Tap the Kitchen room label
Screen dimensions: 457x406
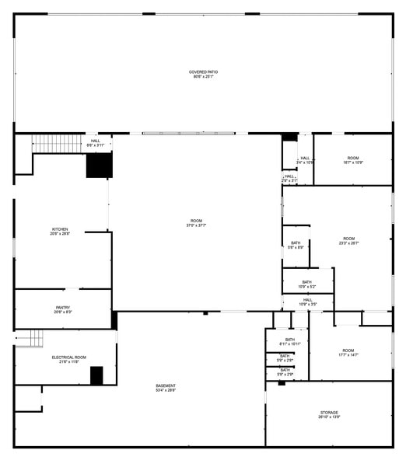point(60,232)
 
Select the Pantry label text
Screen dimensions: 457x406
point(63,309)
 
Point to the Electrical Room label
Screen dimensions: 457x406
point(68,359)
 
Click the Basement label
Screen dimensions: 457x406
point(165,388)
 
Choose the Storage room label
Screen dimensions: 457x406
point(329,414)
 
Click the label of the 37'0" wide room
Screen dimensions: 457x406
point(196,223)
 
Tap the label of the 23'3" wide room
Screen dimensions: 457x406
point(348,240)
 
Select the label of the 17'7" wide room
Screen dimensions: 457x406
point(348,352)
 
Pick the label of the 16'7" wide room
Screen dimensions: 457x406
point(352,160)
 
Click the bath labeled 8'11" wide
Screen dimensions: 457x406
point(289,341)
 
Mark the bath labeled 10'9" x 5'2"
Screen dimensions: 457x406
point(306,284)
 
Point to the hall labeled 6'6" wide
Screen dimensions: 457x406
point(95,143)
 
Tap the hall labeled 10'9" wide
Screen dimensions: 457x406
point(308,302)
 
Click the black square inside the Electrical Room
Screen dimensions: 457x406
point(96,375)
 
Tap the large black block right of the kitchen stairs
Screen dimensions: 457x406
point(99,166)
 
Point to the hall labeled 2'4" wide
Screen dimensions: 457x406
point(305,161)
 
